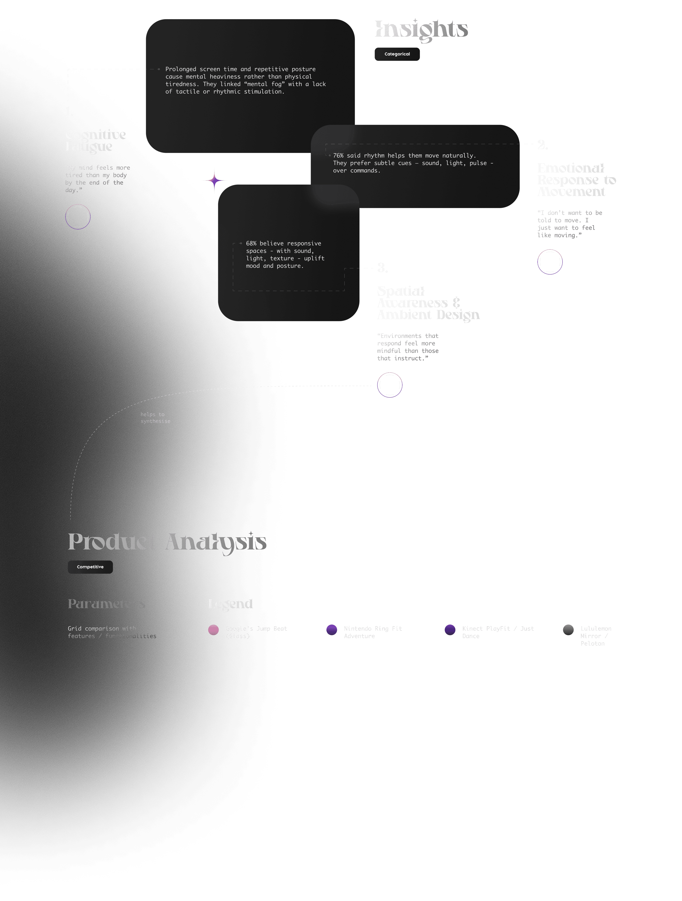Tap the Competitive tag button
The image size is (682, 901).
tap(90, 567)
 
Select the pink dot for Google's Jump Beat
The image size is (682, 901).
tap(213, 630)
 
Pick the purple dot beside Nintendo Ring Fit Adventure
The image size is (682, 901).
tap(332, 630)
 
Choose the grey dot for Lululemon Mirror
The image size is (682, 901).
tap(568, 630)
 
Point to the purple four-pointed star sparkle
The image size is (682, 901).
tap(214, 180)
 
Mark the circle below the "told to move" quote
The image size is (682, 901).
tap(550, 262)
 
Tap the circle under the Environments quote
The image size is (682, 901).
tap(389, 385)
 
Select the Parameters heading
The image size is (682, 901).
tap(106, 604)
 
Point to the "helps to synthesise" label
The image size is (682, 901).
tap(155, 418)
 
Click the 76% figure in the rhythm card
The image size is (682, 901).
tap(338, 156)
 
